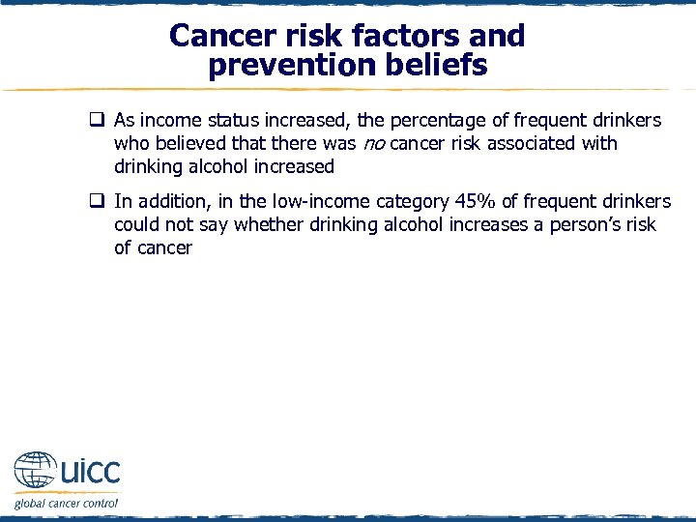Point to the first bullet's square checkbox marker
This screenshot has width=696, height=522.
pos(98,121)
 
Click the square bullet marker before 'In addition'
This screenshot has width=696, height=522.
pos(98,202)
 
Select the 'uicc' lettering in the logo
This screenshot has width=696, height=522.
pos(89,472)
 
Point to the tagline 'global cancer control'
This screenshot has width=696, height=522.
pos(66,503)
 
